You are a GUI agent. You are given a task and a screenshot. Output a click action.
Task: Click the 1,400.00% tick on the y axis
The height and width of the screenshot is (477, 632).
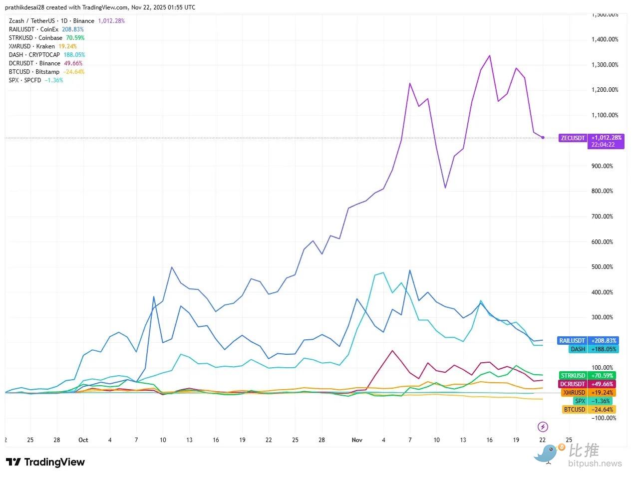(605, 39)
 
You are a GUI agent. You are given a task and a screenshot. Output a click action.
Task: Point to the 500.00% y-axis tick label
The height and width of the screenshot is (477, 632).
(603, 267)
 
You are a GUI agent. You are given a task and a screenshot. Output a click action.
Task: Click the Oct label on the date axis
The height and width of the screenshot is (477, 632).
(83, 440)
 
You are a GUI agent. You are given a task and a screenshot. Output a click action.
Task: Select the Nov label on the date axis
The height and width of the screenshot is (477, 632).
(357, 440)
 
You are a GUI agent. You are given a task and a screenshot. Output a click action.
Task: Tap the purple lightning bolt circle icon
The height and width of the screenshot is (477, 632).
(543, 427)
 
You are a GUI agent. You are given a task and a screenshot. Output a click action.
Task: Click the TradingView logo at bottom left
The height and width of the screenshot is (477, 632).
(45, 462)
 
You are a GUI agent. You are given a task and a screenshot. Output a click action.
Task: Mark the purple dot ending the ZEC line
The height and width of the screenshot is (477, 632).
(543, 137)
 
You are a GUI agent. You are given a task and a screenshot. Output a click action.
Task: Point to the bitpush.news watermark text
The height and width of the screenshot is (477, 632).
(595, 464)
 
